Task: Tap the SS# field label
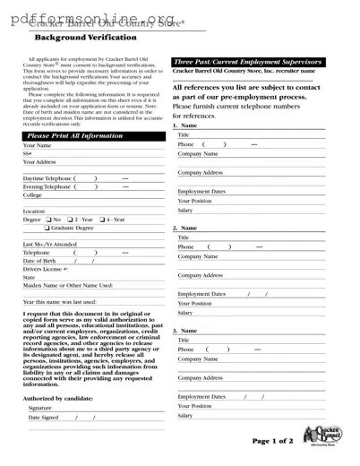[x=29, y=153]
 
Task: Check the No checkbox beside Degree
[x=47, y=220]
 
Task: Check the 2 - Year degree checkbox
[x=70, y=220]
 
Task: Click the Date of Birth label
[x=40, y=261]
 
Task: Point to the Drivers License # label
[x=46, y=269]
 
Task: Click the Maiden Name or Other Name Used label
[x=68, y=285]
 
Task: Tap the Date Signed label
[x=43, y=418]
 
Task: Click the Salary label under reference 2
[x=185, y=314]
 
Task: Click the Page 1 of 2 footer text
[x=271, y=441]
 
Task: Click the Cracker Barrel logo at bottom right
[x=320, y=436]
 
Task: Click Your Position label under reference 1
[x=194, y=201]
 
